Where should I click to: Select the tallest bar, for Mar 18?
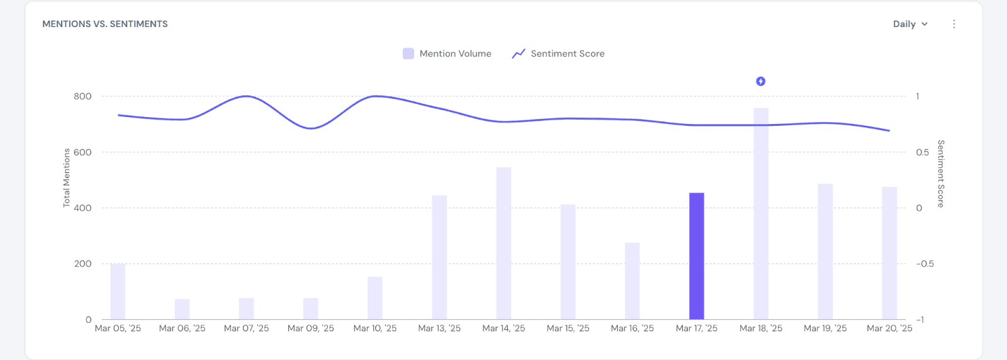coord(761,214)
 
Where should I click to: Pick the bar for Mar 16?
coord(632,281)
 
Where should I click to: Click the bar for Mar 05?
coord(118,292)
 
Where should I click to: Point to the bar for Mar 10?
coord(375,298)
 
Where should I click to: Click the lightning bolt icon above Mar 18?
coord(761,81)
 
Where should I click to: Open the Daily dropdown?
coord(910,24)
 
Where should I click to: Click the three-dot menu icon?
coord(954,24)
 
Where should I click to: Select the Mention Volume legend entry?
coord(447,53)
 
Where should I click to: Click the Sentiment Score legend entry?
coord(559,53)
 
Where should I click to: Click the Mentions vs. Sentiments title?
coord(105,24)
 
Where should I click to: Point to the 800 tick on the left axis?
coord(82,96)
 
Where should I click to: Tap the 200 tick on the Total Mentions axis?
coord(82,264)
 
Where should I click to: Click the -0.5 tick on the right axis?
coord(925,264)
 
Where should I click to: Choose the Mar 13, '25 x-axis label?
coord(439,329)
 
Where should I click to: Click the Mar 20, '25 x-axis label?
coord(889,329)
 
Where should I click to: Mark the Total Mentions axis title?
coord(67,177)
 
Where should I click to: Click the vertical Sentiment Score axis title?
coord(941,174)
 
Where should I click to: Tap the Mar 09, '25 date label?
coord(311,329)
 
